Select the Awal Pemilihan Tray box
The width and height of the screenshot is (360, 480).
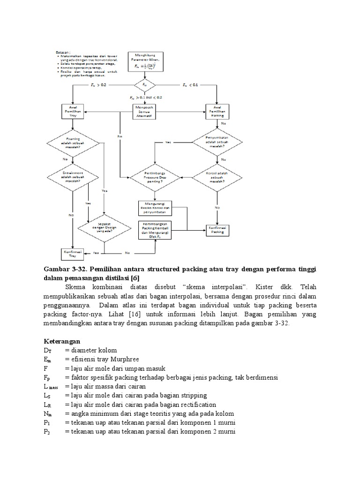(72, 112)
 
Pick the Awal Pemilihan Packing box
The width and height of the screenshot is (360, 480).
(217, 112)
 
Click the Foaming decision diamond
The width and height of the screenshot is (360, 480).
(72, 142)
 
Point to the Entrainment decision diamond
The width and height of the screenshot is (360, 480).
(72, 176)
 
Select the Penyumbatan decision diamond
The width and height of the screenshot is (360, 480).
(217, 142)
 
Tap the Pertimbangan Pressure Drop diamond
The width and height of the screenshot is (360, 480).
(155, 177)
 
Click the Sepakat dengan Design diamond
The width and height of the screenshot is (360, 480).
(104, 228)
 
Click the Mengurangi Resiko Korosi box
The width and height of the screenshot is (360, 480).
(155, 208)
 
